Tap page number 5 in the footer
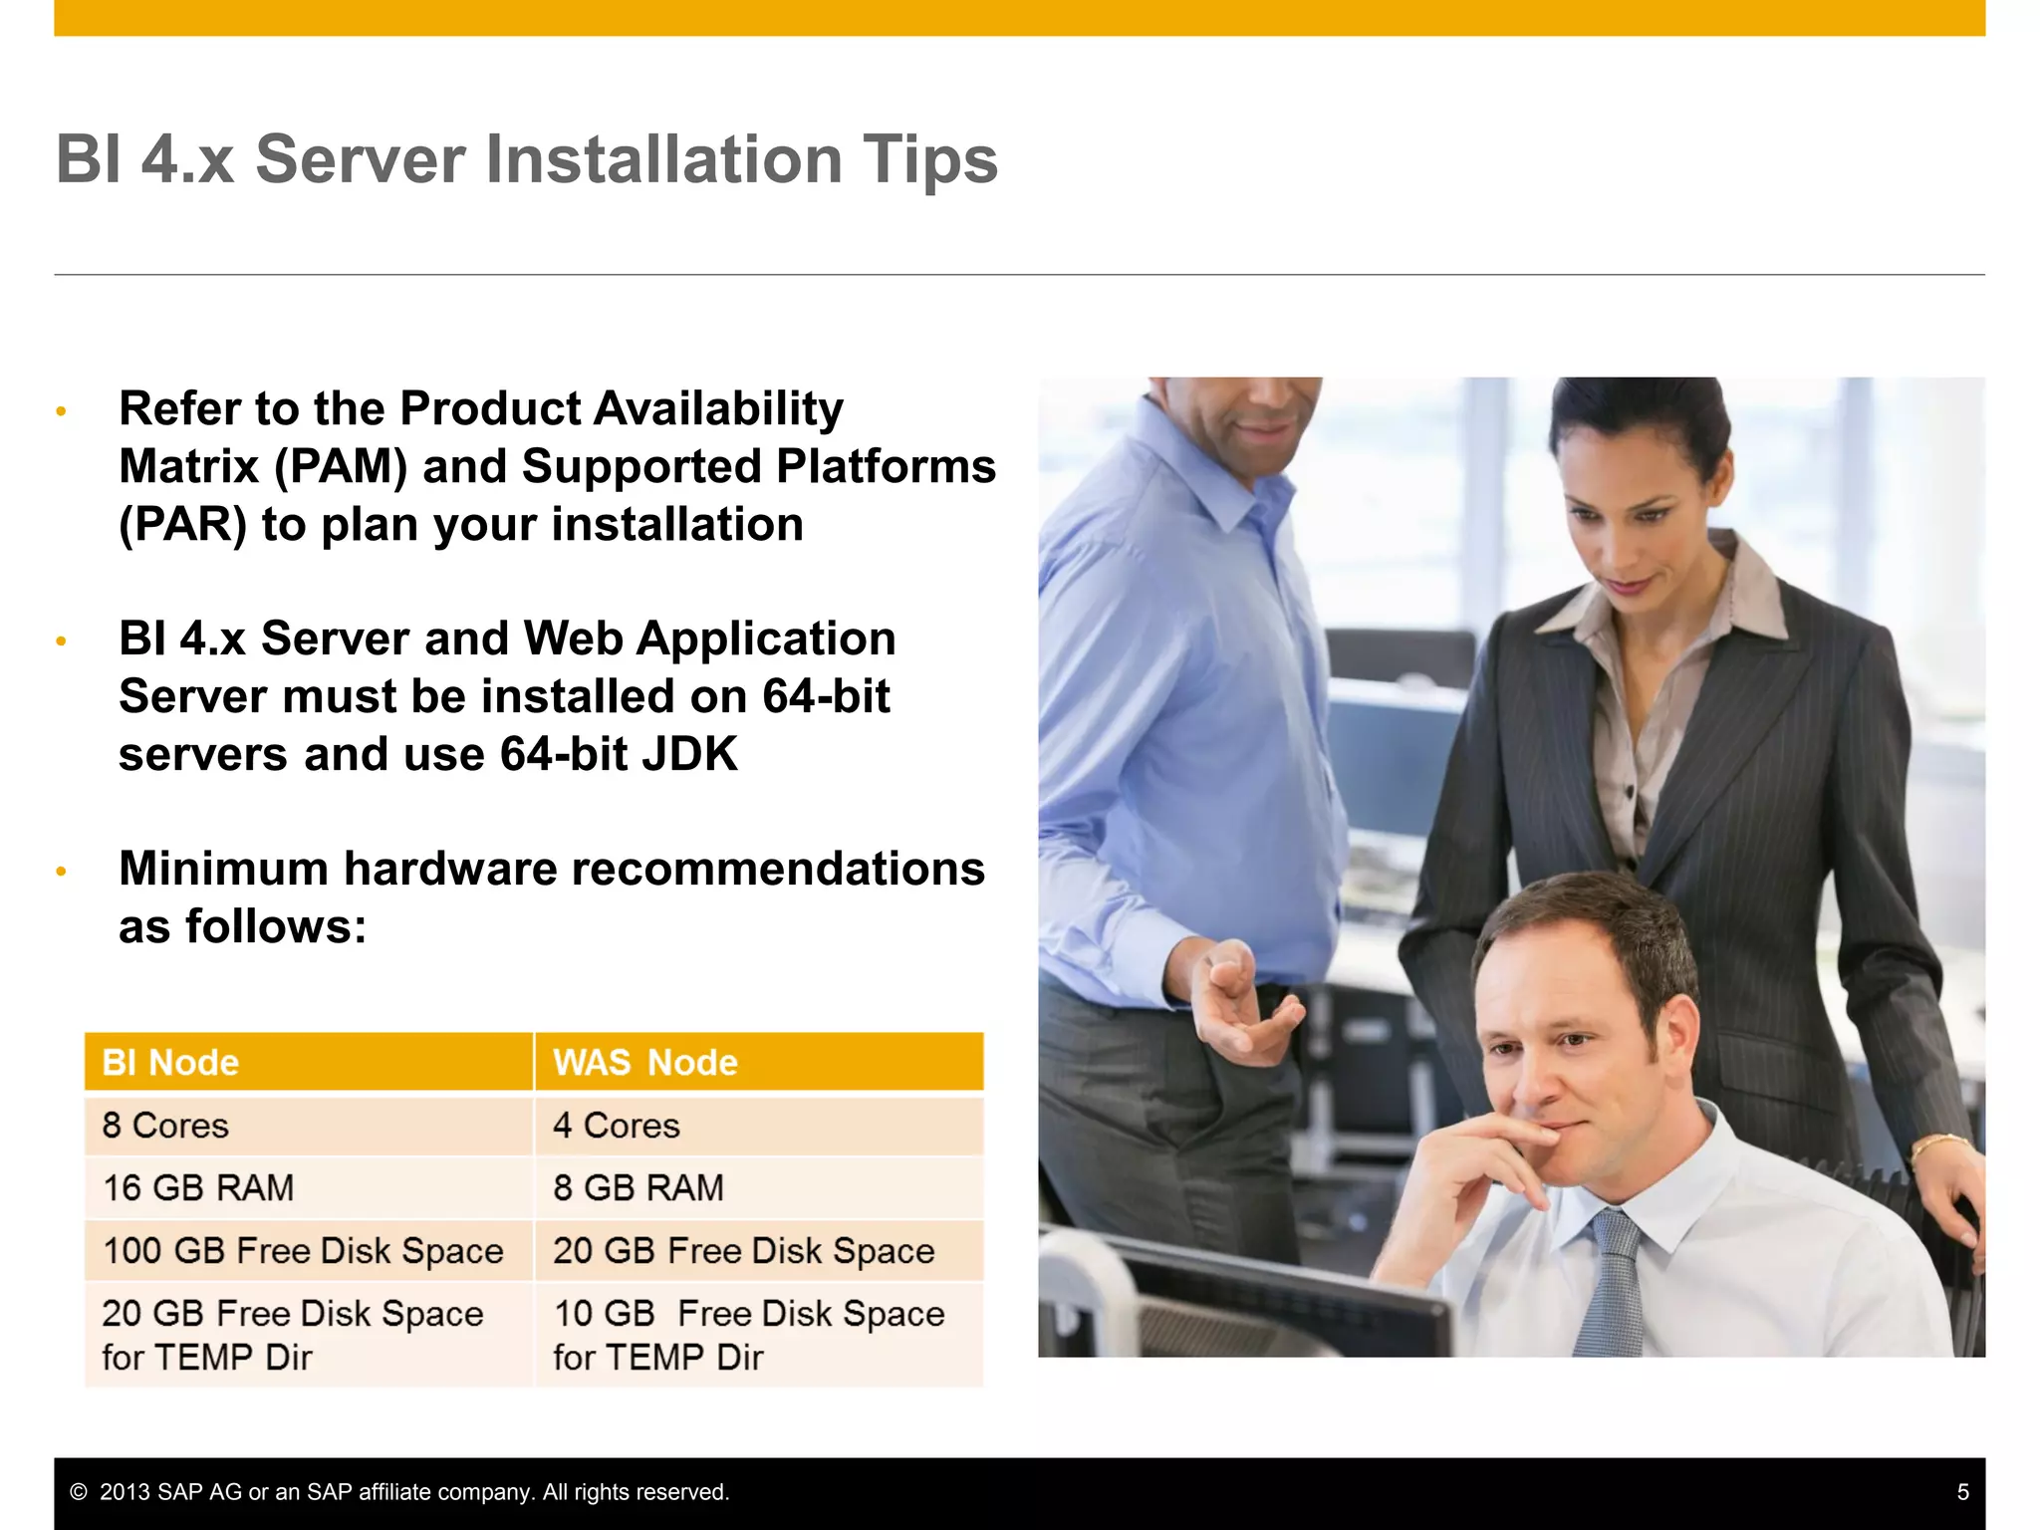click(1962, 1492)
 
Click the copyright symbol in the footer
click(79, 1492)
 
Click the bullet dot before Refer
click(61, 411)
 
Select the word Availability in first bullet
click(718, 409)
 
